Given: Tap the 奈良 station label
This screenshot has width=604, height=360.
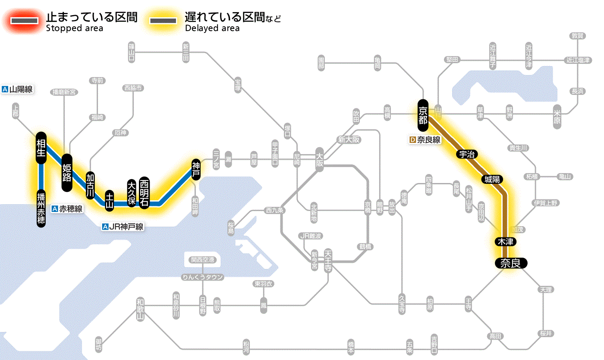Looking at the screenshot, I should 511,263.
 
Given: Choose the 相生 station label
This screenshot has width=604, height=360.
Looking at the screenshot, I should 41,148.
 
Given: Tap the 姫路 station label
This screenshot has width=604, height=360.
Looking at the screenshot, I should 67,172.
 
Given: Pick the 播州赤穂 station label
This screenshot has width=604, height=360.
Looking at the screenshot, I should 41,208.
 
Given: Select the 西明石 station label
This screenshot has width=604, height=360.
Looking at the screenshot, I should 144,192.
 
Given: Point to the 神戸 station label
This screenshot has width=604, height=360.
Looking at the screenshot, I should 196,169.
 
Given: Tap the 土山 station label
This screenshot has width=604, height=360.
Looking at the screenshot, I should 110,200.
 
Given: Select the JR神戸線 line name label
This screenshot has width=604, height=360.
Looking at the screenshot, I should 123,227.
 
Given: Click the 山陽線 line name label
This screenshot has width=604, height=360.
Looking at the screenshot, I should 18,89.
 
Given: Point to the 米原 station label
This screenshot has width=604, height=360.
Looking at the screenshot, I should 557,115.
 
